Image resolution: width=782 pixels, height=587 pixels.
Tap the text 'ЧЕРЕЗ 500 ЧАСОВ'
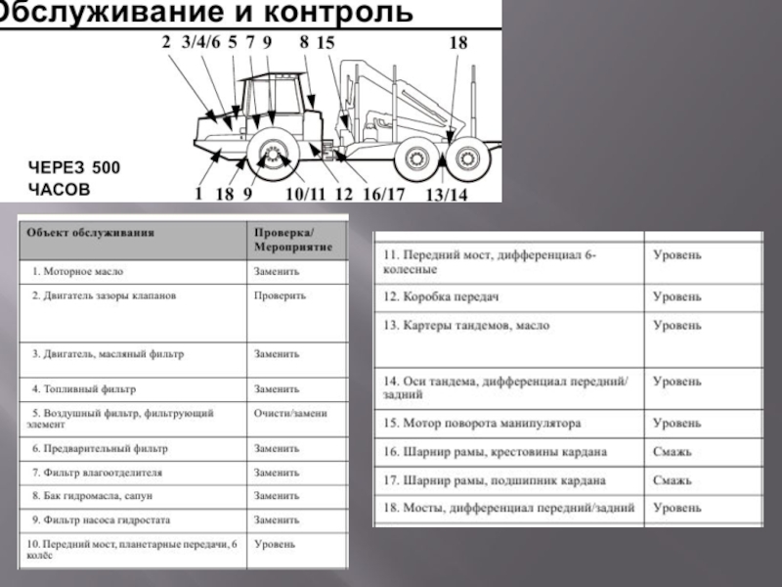tap(73, 177)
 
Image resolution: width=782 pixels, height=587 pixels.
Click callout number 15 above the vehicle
tap(326, 43)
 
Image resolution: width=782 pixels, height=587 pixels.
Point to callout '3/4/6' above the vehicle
tap(201, 42)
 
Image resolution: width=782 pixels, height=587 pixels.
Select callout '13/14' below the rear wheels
tap(447, 195)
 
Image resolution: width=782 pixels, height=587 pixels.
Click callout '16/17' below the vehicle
tap(383, 194)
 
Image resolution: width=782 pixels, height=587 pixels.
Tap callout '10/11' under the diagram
tap(304, 194)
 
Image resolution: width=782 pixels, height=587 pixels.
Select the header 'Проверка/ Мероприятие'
tap(292, 241)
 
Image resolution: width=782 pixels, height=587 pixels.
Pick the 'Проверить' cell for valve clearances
tap(281, 294)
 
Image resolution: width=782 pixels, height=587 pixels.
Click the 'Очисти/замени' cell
tap(291, 413)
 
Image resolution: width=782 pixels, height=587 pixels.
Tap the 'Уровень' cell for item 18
tap(676, 508)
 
